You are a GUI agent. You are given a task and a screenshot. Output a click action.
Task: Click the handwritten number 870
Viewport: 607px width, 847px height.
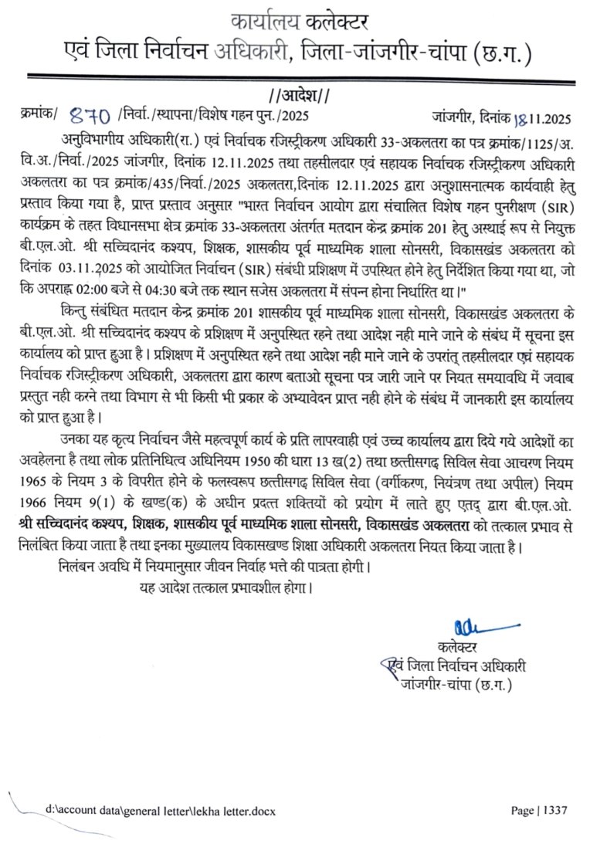pyautogui.click(x=90, y=117)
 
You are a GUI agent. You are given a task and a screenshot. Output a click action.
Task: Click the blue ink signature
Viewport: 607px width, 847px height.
pyautogui.click(x=478, y=623)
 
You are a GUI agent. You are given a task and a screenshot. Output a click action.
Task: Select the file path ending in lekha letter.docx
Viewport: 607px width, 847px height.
pyautogui.click(x=160, y=811)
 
